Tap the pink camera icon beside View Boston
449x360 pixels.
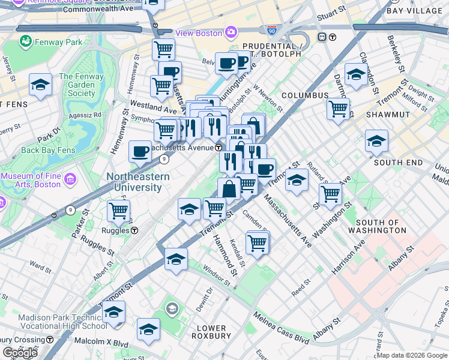231,32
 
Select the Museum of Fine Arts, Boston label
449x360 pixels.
35,181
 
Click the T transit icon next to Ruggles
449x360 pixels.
135,230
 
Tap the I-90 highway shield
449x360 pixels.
272,29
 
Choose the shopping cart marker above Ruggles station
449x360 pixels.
119,211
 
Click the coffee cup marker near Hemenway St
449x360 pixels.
140,151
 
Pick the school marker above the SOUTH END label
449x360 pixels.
376,141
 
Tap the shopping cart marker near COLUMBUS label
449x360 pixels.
338,109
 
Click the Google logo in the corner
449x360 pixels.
20,353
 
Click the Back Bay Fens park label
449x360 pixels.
49,150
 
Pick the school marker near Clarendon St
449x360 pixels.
356,74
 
